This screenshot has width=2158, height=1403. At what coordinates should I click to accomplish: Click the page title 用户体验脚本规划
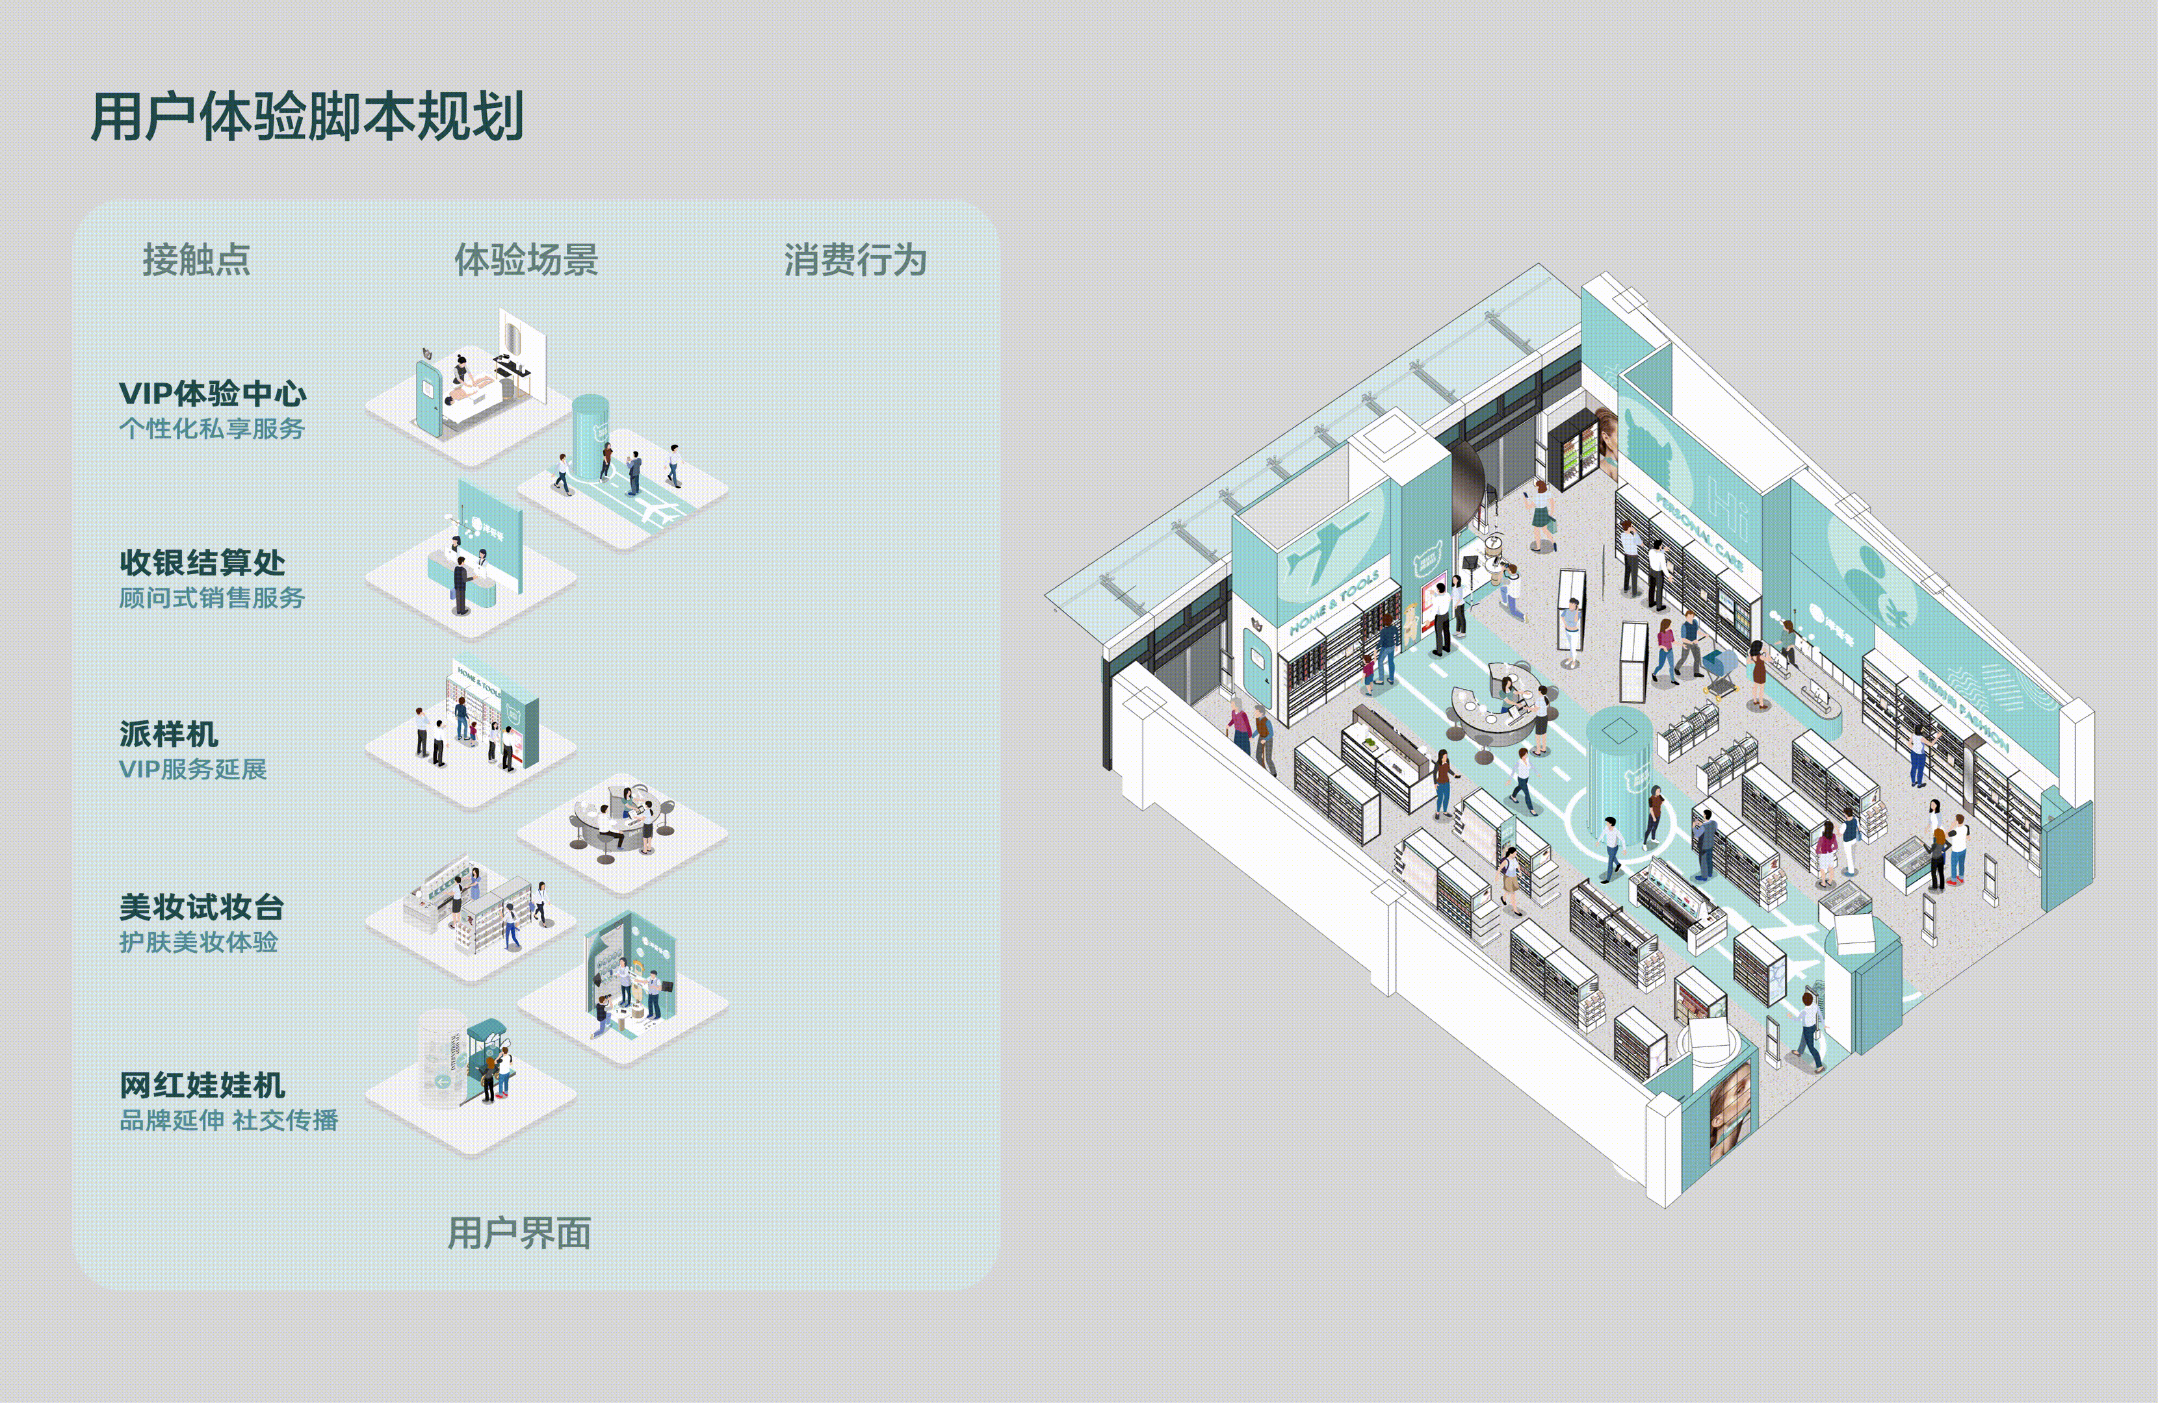307,117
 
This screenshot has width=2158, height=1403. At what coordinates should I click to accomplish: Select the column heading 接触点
196,260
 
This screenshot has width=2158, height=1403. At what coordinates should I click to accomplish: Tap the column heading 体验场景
526,260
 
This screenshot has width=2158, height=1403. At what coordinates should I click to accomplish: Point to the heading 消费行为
855,260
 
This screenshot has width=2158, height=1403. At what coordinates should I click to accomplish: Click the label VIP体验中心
212,394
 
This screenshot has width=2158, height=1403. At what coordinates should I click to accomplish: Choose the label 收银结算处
202,563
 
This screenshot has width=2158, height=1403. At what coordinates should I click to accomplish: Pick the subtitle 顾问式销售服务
211,598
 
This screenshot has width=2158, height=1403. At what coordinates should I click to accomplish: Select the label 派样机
168,734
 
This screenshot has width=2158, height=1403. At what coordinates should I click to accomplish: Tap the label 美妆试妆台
201,906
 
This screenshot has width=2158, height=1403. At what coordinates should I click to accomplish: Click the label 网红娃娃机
202,1085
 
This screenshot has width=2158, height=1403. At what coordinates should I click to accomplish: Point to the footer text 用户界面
519,1233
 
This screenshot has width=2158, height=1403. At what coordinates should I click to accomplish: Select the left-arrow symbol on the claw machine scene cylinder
443,1080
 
